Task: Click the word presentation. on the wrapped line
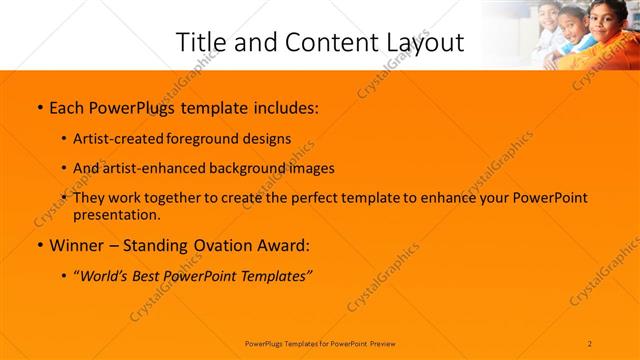[116, 214]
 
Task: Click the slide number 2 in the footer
[590, 343]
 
